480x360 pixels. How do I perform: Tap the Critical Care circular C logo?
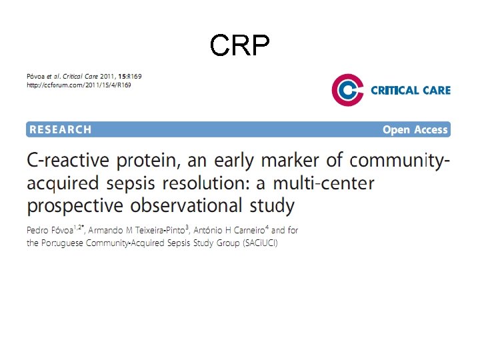pos(347,90)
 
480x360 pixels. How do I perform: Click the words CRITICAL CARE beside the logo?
pos(410,90)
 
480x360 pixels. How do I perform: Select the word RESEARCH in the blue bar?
pos(60,129)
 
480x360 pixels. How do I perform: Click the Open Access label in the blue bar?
pos(415,129)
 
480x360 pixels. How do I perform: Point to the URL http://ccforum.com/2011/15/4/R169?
pos(79,85)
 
